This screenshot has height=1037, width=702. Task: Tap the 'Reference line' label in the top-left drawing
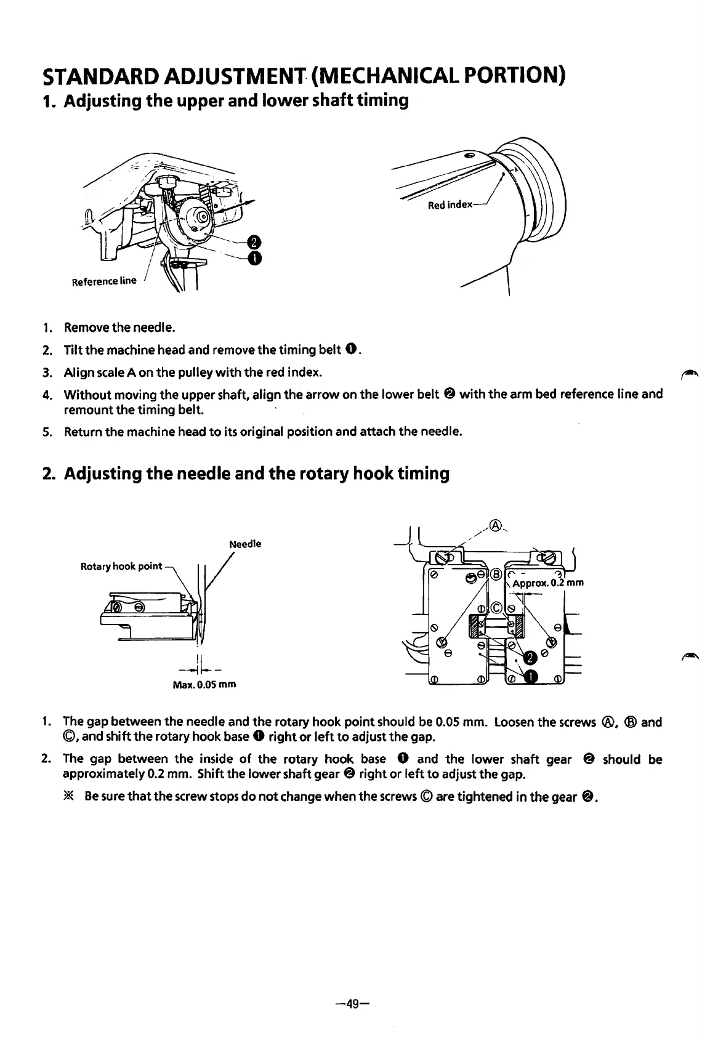pos(104,281)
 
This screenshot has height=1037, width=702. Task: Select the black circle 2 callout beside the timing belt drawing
pos(252,241)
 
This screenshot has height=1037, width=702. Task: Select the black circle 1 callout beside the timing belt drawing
pos(252,258)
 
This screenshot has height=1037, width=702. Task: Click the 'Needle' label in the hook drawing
pos(244,544)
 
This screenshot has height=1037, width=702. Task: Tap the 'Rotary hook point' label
pos(121,566)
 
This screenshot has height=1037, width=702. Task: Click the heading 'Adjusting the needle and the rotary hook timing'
pos(257,474)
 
